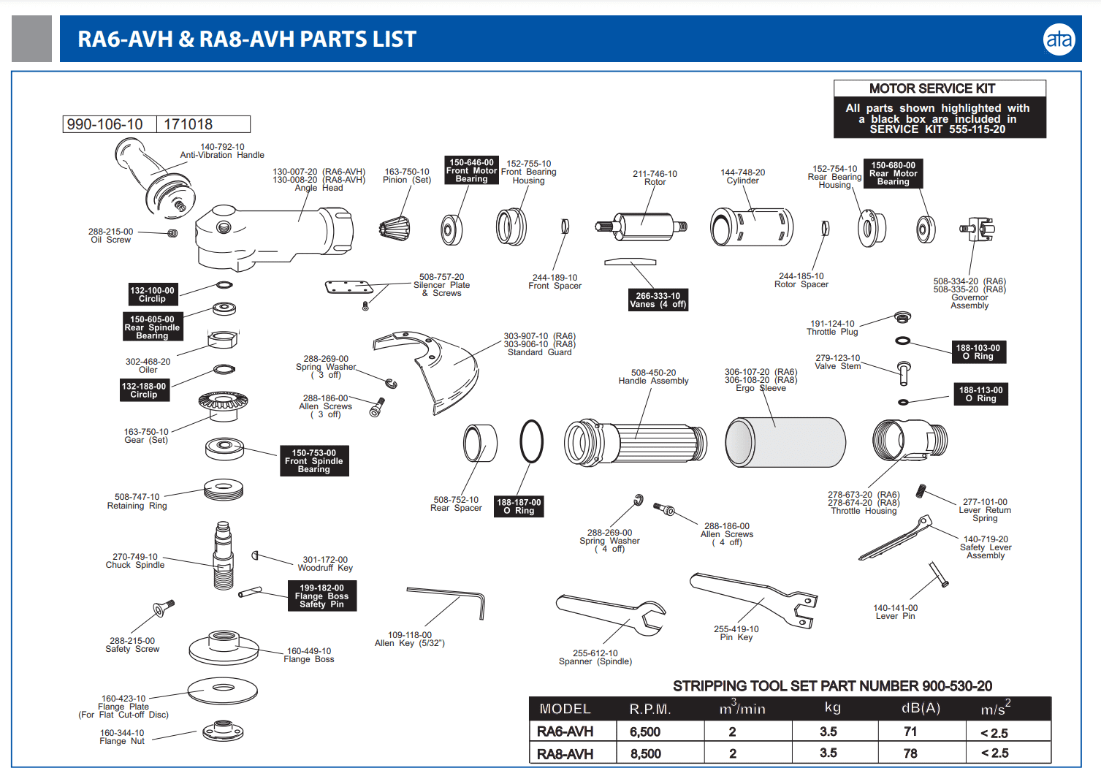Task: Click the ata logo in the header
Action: [1059, 39]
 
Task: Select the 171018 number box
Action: [203, 124]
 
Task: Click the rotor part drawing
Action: [643, 226]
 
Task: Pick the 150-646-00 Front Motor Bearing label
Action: [471, 170]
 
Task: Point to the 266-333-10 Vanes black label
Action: [658, 300]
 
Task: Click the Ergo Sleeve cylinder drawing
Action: [785, 442]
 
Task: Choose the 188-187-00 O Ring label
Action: [519, 506]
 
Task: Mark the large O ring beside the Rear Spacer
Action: [531, 441]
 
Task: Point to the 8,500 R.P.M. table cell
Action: [646, 753]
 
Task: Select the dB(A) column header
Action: [921, 708]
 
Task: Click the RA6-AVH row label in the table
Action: [565, 731]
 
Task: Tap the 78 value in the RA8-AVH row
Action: [910, 753]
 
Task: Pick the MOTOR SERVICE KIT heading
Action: [932, 88]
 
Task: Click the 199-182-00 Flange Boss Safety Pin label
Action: [322, 596]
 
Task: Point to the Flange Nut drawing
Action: [222, 730]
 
